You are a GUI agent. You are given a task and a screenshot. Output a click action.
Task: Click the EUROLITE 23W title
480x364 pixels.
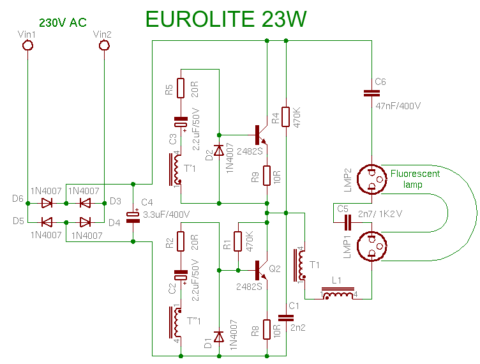tap(225, 19)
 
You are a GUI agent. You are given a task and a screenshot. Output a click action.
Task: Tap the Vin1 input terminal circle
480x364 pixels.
tap(28, 45)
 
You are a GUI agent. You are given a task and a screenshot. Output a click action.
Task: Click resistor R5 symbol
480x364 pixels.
tap(181, 87)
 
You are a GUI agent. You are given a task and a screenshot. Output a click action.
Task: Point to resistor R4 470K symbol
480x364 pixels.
tap(286, 117)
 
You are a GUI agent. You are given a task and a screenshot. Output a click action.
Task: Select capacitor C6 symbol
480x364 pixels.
tap(371, 93)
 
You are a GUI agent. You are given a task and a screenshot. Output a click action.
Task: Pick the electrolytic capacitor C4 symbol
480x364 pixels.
tap(133, 216)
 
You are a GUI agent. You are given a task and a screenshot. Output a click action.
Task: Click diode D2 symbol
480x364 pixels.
tap(219, 151)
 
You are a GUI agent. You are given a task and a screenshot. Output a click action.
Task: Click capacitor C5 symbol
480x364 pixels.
tap(348, 222)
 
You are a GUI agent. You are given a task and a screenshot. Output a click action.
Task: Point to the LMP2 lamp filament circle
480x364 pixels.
tap(371, 179)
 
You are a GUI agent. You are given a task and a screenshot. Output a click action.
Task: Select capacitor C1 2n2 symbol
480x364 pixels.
tap(286, 317)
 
